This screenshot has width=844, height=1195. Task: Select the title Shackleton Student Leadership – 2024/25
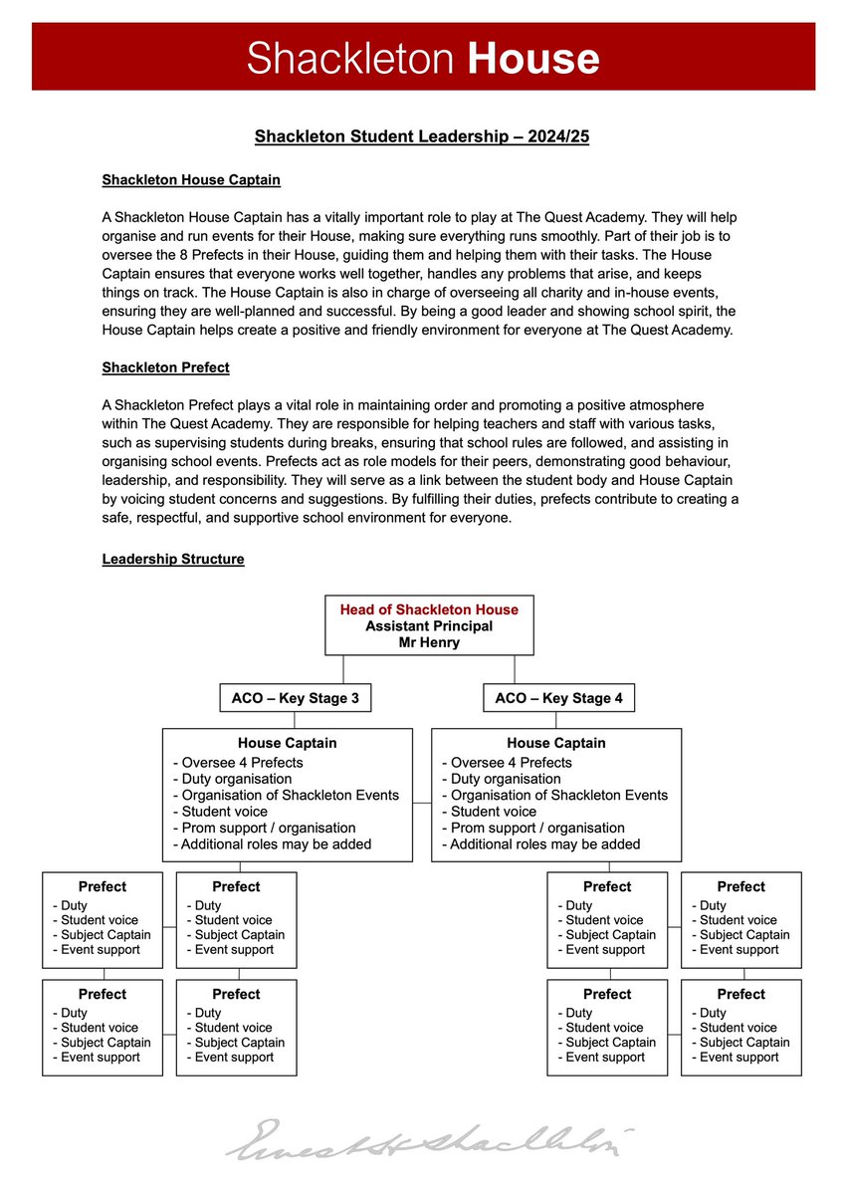coord(422,136)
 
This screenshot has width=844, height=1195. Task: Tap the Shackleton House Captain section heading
coord(191,180)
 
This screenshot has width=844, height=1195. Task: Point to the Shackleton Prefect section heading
coord(165,367)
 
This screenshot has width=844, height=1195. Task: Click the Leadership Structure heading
coord(173,559)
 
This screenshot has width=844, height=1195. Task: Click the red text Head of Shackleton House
coord(429,609)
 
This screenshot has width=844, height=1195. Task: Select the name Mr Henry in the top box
coord(429,642)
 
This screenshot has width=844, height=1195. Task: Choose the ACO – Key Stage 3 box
coord(295,698)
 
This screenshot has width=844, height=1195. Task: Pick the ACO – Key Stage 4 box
coord(558,698)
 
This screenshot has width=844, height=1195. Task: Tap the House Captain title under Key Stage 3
coord(287,743)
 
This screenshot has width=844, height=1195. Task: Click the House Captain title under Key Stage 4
coord(556,743)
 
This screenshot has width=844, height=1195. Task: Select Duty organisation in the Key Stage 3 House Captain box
coord(232,779)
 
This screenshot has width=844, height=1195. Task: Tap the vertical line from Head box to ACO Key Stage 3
coord(343,669)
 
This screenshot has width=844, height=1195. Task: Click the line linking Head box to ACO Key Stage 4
coord(515,669)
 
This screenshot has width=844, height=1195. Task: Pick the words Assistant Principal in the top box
coord(429,626)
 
